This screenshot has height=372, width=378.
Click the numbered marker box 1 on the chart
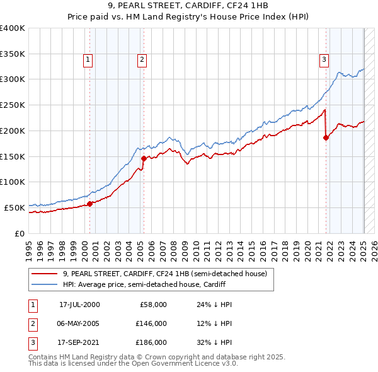88,60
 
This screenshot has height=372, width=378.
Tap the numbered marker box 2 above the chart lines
142,60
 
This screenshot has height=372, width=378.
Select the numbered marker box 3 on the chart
324,60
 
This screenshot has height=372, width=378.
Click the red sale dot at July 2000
89,203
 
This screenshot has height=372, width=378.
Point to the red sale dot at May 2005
144,158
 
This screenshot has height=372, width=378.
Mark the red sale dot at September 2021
326,138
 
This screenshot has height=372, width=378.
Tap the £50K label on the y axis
15,207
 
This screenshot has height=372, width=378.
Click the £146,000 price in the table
151,323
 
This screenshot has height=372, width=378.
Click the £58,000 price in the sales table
153,305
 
